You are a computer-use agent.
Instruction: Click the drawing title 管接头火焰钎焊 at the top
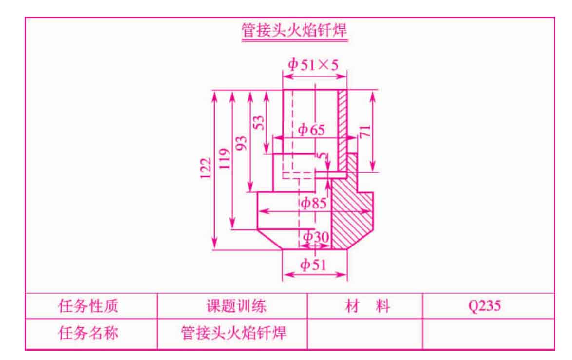point(294,30)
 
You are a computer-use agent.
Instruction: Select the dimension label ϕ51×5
point(313,65)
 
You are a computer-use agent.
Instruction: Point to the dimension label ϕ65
point(311,130)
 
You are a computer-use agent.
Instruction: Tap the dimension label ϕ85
point(313,203)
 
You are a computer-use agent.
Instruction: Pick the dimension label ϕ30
point(316,237)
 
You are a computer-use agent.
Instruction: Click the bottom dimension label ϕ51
point(313,265)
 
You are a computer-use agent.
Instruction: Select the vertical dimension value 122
point(206,168)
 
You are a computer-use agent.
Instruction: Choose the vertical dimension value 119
point(225,159)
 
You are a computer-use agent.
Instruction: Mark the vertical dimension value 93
point(241,143)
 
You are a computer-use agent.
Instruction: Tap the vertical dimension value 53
point(258,123)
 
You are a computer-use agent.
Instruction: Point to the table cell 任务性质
point(88,305)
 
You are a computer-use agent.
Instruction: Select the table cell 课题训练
point(236,305)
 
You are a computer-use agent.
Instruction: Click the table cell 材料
point(367,306)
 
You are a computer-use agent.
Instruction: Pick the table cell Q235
point(484,306)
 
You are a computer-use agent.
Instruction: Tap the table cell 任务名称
point(88,333)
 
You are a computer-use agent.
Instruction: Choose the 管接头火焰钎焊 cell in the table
point(234,333)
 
